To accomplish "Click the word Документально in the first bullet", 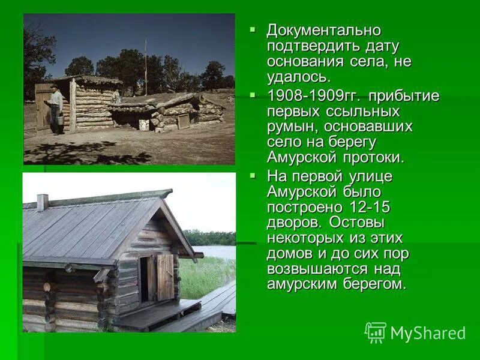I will click(324, 31).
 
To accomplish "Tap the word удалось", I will click(298, 77).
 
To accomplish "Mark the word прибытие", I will click(404, 97).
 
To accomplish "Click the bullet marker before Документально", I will click(253, 29).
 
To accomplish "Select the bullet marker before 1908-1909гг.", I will click(253, 95).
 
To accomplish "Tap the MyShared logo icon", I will click(376, 332).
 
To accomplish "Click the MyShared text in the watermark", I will click(428, 333).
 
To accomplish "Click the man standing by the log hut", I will click(56, 109).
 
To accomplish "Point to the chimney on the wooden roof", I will click(42, 202).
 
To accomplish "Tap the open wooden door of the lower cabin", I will click(165, 277).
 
